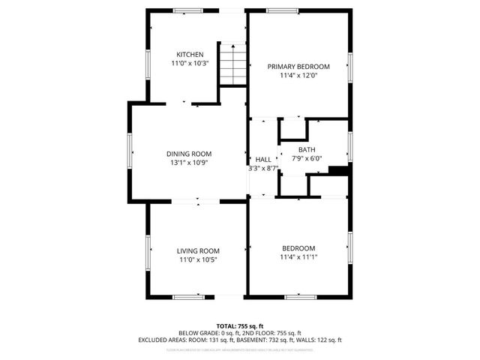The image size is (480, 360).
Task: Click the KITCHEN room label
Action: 190,55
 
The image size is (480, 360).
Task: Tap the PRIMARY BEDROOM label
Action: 298,66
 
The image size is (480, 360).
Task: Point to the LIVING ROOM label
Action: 198,250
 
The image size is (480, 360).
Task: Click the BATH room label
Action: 307,149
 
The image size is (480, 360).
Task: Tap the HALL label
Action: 263,160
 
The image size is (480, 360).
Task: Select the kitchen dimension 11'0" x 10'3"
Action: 190,64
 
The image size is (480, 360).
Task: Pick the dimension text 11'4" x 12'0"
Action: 298,76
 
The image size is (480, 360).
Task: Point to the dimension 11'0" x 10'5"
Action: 198,259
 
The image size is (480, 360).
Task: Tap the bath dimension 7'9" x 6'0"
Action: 306,158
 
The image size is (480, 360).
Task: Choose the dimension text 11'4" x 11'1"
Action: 298,257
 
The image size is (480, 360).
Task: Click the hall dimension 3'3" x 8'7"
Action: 263,169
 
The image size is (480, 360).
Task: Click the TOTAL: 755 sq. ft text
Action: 239,325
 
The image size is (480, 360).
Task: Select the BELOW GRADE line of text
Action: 239,332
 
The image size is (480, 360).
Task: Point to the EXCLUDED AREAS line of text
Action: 239,339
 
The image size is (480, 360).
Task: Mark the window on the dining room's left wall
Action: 130,151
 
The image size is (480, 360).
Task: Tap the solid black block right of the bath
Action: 340,171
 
